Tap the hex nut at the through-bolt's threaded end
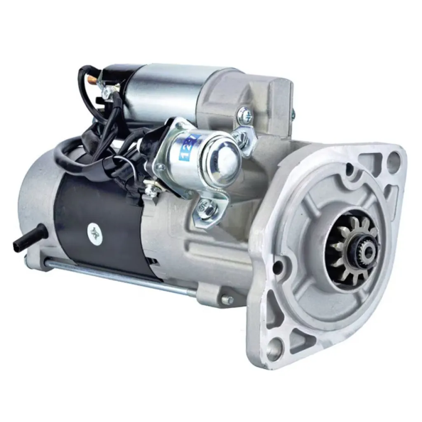[226, 300]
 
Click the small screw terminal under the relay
[152, 190]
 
